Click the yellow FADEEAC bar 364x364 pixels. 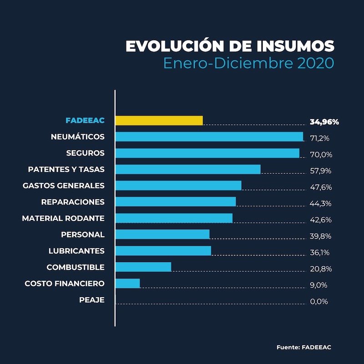(159, 121)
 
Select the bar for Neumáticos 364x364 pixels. (209, 136)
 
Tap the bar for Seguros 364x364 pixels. (207, 153)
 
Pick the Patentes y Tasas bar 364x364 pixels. (188, 169)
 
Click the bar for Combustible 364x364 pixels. (143, 267)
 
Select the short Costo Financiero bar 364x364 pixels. (128, 283)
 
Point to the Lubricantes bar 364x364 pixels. (163, 251)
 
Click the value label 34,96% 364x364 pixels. (324, 122)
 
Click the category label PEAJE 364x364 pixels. (91, 300)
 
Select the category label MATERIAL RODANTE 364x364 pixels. (63, 218)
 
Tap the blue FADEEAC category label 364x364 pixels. (85, 121)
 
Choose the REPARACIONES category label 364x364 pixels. (73, 202)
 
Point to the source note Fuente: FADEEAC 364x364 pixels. (304, 347)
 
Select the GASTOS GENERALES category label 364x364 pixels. (64, 186)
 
